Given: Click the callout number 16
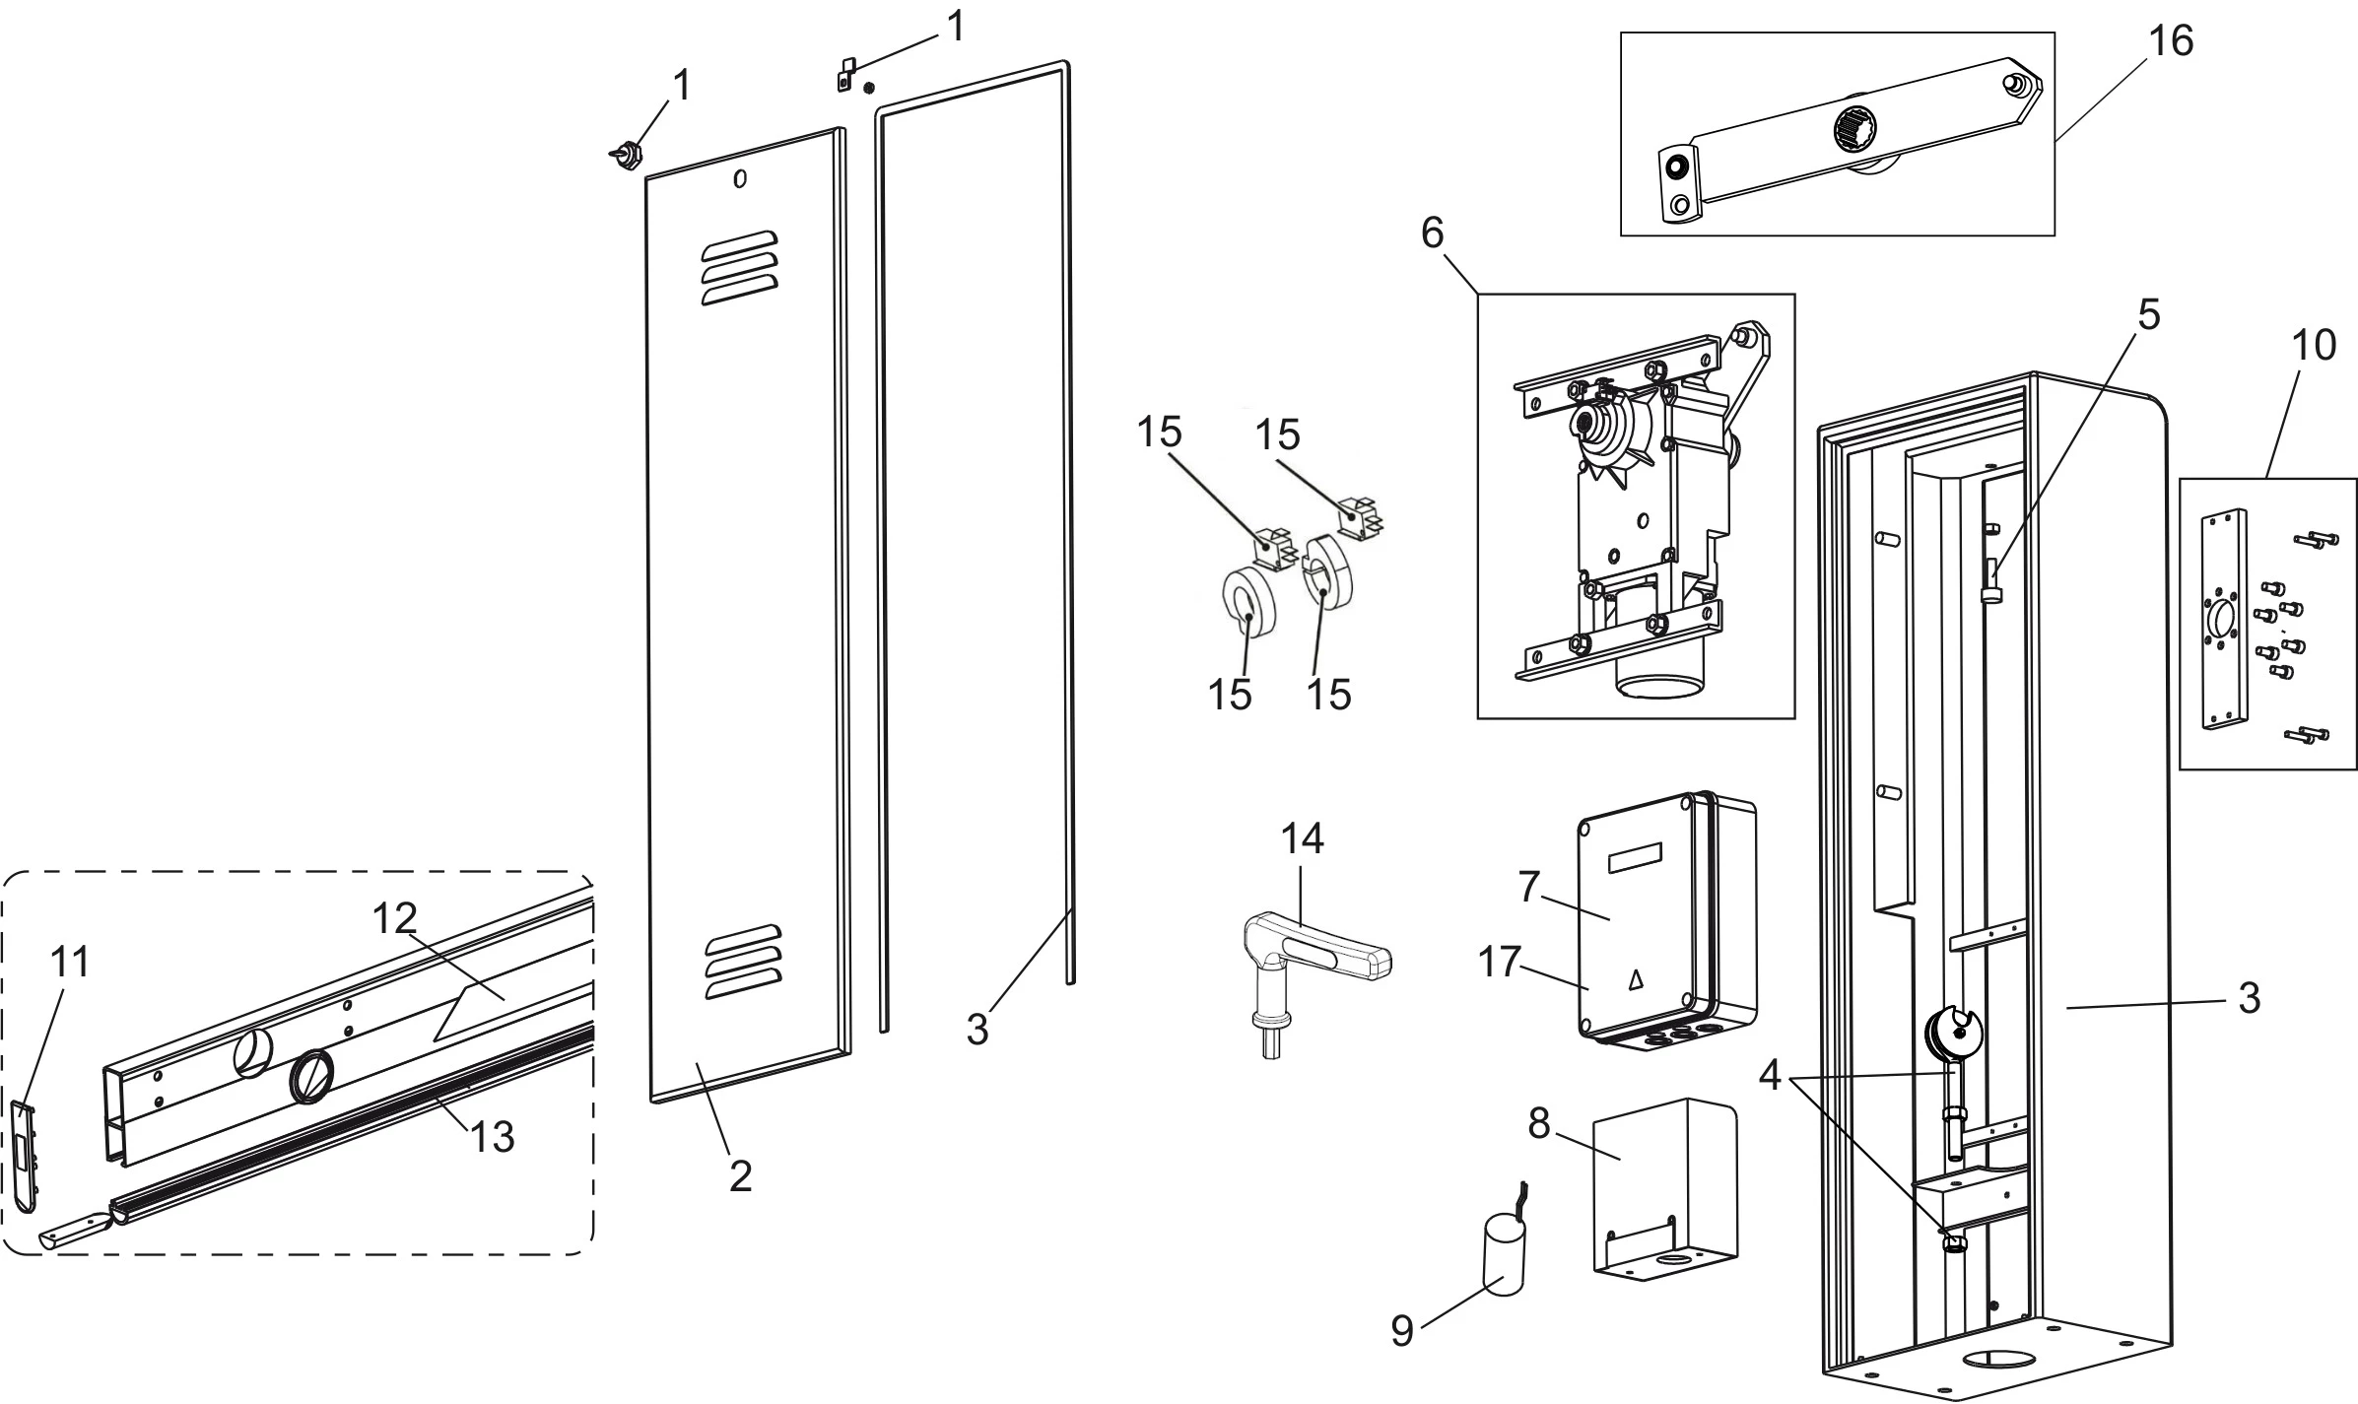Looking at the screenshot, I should [2170, 41].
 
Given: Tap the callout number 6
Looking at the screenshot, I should [1432, 234].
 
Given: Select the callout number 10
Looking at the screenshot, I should [2314, 345].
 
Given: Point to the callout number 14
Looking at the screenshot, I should [1302, 838].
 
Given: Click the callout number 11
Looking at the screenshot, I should [70, 962].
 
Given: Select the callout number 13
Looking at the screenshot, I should [492, 1137].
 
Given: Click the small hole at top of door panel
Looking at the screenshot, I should [740, 179].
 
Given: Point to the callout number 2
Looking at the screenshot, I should [740, 1175].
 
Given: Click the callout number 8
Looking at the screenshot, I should [1539, 1122].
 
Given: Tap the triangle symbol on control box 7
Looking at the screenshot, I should [1637, 979].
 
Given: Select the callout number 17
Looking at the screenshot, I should [1500, 962].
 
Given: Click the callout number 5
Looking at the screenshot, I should [2148, 315].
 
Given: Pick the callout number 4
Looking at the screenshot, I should [1770, 1075].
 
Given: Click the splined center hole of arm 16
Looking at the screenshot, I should [1855, 127].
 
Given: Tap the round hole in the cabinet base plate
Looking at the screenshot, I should [1990, 1362].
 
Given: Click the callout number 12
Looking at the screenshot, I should [395, 918].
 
